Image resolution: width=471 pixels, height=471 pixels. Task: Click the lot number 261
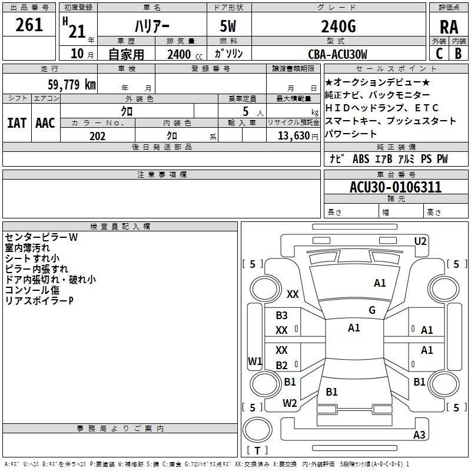pos(29,25)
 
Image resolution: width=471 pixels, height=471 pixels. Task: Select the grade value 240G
pos(338,26)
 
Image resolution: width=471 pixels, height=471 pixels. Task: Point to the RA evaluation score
pos(449,26)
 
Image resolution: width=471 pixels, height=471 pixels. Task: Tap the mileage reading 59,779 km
pos(65,84)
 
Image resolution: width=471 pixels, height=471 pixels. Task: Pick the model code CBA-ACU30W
pos(338,54)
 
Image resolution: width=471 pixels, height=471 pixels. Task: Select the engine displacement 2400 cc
pos(180,54)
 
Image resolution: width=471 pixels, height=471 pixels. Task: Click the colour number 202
pos(97,135)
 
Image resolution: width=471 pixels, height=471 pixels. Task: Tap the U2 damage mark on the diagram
pos(420,241)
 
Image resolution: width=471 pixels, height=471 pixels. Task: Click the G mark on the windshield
pos(372,310)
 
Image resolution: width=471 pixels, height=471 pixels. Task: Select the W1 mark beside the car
pos(254,361)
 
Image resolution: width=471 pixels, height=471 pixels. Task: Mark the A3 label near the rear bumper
pos(419,435)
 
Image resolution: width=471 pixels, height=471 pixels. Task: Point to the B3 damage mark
pos(282,316)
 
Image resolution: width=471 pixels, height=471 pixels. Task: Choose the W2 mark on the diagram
pos(289,403)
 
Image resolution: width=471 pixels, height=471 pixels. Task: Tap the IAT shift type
pos(16,122)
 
